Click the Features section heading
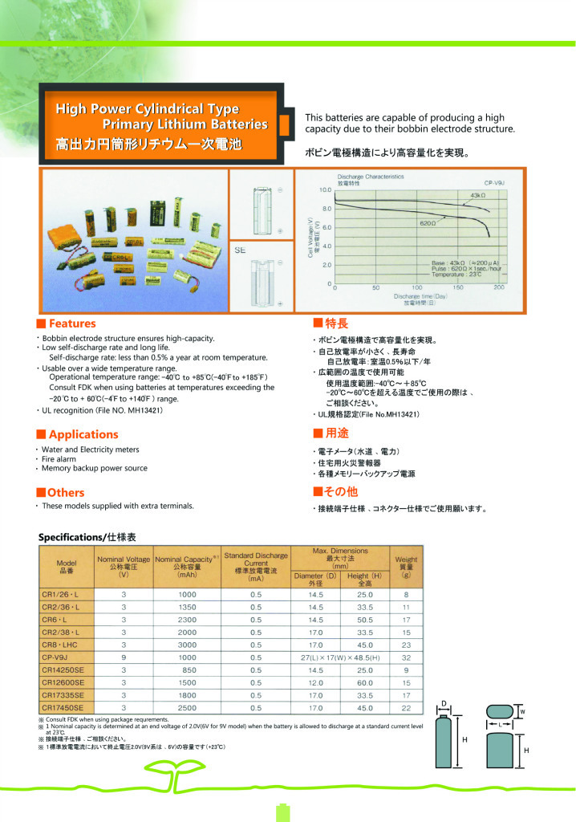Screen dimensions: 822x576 [x=71, y=324]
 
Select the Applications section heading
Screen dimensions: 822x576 [x=83, y=434]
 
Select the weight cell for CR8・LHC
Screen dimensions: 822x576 [x=406, y=644]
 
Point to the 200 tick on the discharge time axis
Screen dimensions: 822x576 [x=499, y=287]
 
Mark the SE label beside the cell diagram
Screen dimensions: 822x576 [x=240, y=250]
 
